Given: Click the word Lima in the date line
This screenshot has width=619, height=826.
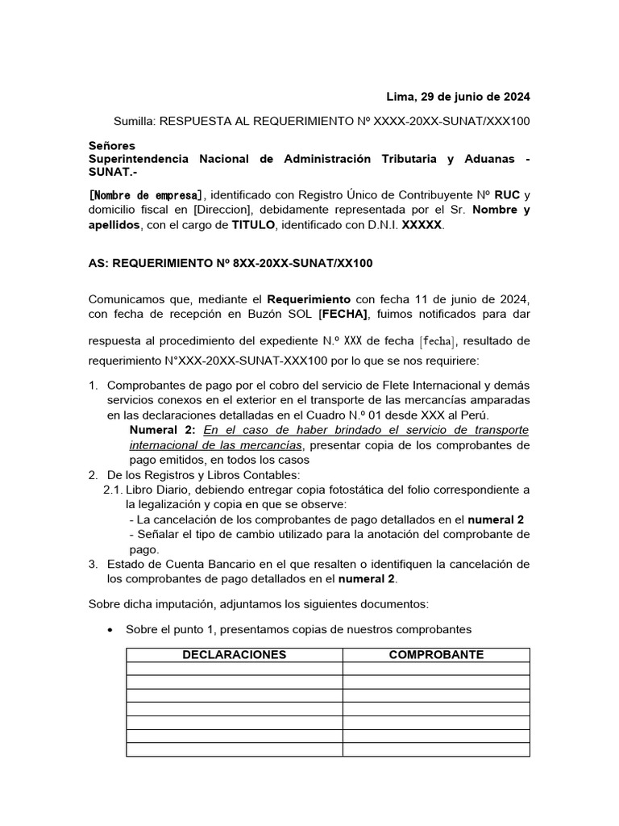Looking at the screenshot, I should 400,98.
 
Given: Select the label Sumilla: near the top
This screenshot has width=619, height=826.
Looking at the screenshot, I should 135,121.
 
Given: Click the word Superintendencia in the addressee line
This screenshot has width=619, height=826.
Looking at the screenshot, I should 137,159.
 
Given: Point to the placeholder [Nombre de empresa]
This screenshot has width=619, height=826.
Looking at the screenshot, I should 147,195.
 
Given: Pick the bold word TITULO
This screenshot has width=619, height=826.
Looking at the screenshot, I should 252,226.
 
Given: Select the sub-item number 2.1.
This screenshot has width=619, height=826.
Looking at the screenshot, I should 113,490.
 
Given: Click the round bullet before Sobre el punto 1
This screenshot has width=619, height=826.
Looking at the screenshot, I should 109,629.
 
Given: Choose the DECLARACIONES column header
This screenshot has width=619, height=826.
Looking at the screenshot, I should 234,655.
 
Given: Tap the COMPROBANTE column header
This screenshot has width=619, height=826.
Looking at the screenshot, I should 436,655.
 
